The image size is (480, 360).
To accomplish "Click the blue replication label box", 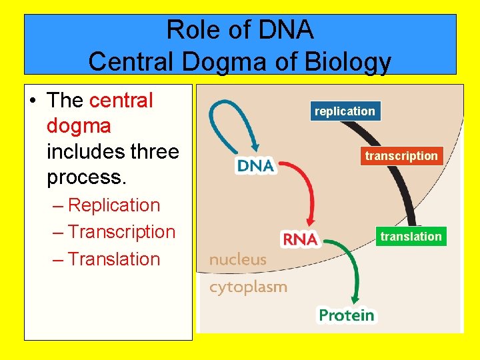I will click(x=345, y=111).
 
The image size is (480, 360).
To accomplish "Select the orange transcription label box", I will click(x=401, y=156).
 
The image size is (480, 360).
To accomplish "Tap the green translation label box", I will click(x=411, y=237).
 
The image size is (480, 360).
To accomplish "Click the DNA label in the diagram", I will click(x=256, y=165).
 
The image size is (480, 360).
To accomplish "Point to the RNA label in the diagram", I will click(x=301, y=239).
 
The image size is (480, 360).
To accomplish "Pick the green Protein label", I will click(x=347, y=314).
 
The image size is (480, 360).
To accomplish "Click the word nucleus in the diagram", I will click(x=237, y=259).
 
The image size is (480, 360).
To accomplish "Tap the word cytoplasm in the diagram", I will click(x=248, y=287).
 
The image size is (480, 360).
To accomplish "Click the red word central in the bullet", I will click(x=121, y=101).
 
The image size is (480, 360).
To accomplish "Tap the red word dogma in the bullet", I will click(x=79, y=126).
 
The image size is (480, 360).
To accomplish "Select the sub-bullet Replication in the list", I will click(x=114, y=205).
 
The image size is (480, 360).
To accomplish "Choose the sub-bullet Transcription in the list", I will click(x=121, y=232).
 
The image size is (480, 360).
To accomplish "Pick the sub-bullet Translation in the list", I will click(x=114, y=259).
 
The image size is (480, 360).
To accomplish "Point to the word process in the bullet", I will click(x=84, y=178).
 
